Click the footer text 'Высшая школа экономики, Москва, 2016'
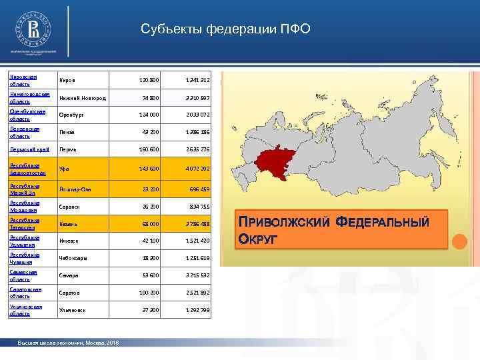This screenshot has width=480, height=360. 69,342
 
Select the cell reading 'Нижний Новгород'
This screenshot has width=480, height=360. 83,98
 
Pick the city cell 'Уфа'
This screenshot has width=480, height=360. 64,168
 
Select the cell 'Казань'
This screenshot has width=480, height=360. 69,224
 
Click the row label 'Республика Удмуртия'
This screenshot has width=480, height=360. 25,241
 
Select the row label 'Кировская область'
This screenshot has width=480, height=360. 23,80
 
